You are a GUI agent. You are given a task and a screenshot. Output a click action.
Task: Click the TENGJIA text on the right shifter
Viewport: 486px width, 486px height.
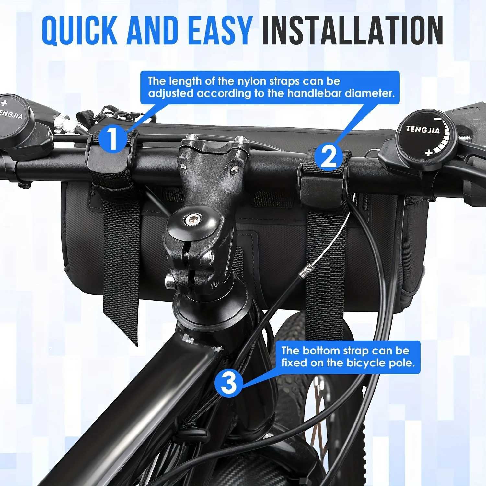tap(423, 130)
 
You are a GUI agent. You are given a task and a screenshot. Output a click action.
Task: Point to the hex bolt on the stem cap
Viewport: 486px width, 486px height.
tap(189, 221)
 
